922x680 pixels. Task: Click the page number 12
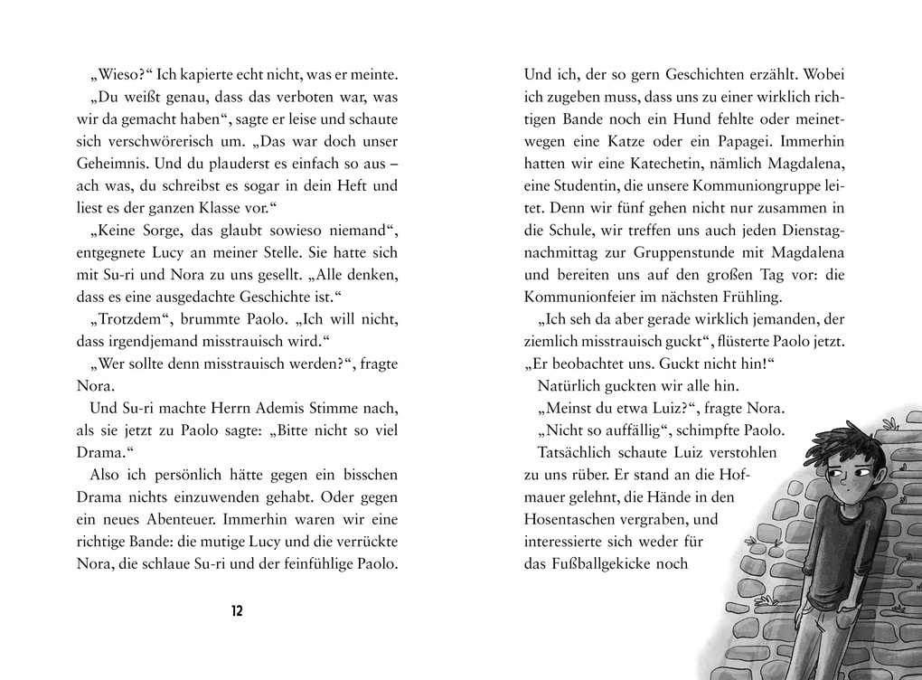[237, 610]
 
